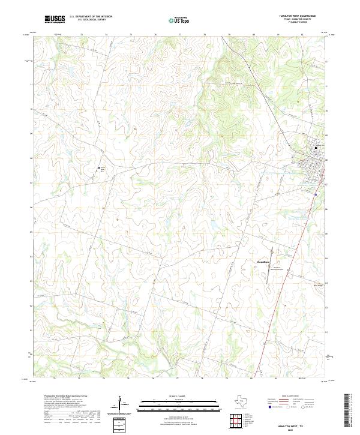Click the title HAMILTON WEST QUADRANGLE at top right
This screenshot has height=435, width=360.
(x=297, y=16)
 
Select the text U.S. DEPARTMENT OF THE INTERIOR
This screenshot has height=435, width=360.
(x=91, y=17)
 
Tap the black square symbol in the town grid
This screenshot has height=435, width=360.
(x=317, y=148)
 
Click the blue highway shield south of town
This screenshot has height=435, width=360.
(x=316, y=194)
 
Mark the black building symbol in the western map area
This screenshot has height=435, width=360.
(x=99, y=168)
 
